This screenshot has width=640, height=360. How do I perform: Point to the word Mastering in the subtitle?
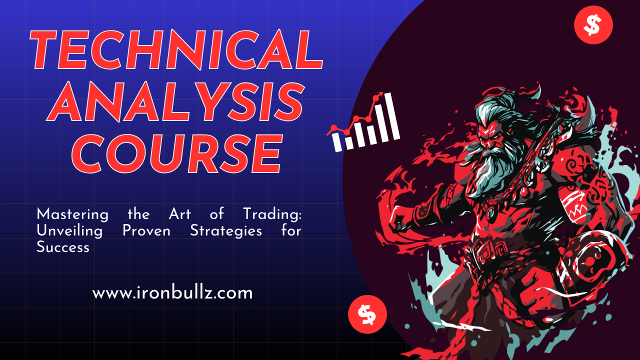(x=72, y=215)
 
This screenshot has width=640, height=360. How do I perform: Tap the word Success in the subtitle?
(x=63, y=246)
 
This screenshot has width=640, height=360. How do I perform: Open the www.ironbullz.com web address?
(x=172, y=292)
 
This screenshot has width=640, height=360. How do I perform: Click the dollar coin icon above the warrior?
(x=593, y=25)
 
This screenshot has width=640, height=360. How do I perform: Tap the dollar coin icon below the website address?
(x=367, y=314)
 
